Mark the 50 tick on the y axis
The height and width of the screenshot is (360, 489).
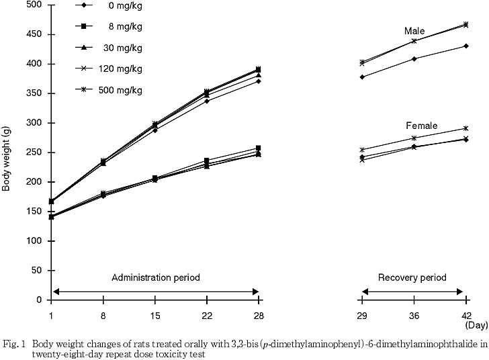(36, 271)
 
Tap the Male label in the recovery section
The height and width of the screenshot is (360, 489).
(414, 31)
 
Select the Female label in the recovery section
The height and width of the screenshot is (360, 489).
(422, 126)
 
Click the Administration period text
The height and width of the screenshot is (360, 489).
(155, 277)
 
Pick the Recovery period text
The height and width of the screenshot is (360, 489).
(412, 277)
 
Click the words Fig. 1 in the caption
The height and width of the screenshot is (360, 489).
(13, 343)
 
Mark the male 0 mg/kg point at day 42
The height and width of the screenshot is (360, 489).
(465, 46)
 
